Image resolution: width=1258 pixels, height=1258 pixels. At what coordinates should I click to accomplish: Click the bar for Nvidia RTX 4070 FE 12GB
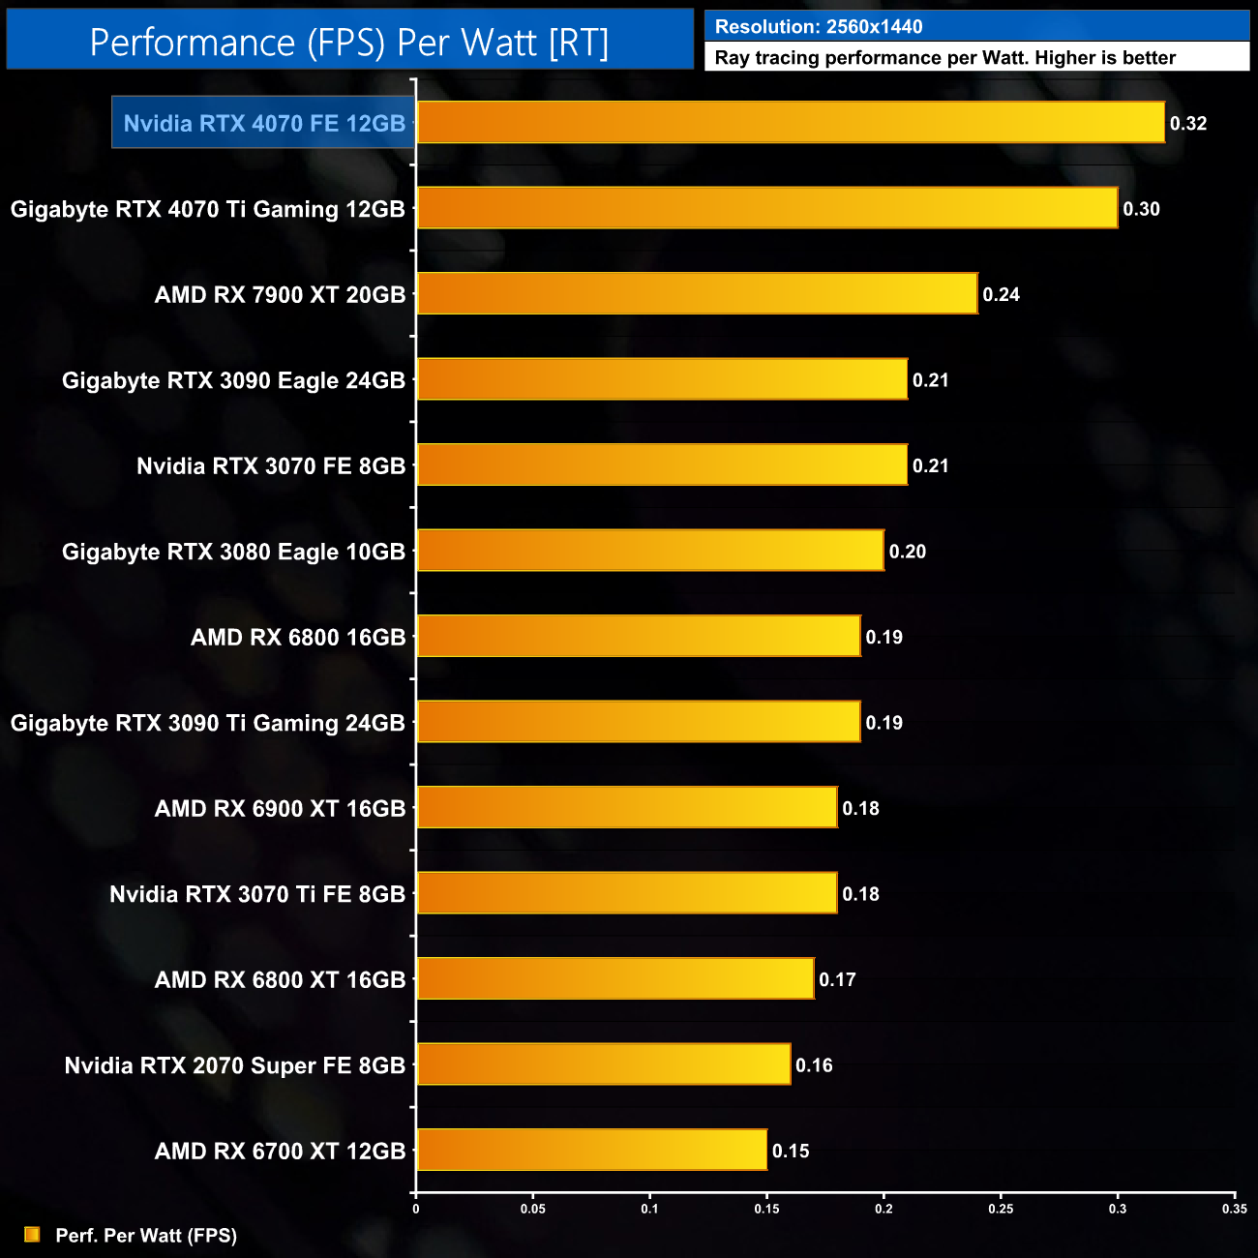790,123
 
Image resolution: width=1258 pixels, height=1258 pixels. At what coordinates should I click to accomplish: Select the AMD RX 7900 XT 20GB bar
697,294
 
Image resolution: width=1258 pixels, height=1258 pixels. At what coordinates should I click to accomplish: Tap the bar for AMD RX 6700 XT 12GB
591,1151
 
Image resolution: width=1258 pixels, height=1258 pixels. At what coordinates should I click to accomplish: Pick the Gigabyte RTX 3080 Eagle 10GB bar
649,551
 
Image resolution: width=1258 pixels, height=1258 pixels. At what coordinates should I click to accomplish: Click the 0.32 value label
1188,123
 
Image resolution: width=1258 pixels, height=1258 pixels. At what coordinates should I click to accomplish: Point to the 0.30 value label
1141,209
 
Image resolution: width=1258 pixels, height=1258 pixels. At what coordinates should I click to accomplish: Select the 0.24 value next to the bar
1001,294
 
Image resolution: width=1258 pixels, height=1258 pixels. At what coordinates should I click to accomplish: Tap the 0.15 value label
791,1151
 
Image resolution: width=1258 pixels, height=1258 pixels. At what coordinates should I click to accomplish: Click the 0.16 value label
814,1065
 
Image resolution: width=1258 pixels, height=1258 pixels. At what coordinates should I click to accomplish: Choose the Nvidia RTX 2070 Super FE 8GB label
235,1065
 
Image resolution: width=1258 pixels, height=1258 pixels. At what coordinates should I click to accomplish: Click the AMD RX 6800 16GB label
298,637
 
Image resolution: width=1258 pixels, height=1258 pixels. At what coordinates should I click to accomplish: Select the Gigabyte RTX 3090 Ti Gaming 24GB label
208,723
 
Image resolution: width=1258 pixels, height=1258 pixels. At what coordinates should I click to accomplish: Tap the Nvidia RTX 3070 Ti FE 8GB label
257,894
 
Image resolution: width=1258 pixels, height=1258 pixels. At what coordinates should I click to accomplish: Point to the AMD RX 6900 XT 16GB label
281,808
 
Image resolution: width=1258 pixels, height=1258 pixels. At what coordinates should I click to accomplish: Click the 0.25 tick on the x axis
1001,1209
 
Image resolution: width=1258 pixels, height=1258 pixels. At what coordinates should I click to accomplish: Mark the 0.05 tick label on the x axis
532,1209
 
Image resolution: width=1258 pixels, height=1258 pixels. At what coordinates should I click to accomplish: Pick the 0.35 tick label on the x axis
1234,1209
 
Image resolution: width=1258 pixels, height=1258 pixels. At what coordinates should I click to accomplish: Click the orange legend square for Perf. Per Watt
32,1235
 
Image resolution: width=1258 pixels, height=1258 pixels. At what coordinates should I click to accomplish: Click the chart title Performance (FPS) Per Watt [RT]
349,43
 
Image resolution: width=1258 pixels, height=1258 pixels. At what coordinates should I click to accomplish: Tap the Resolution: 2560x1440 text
819,26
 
